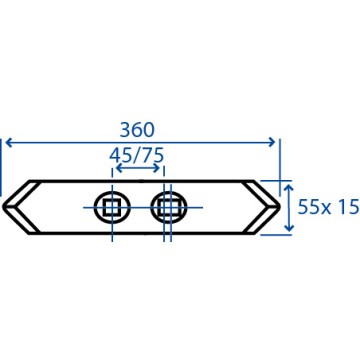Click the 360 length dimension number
[137, 130]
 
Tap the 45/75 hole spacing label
[136, 155]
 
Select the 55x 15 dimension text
[328, 207]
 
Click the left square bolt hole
[112, 208]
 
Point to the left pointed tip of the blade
[3, 207]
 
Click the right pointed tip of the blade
[279, 207]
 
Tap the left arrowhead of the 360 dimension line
[9, 143]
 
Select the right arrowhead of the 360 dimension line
[272, 143]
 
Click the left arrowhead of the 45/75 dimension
[119, 168]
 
